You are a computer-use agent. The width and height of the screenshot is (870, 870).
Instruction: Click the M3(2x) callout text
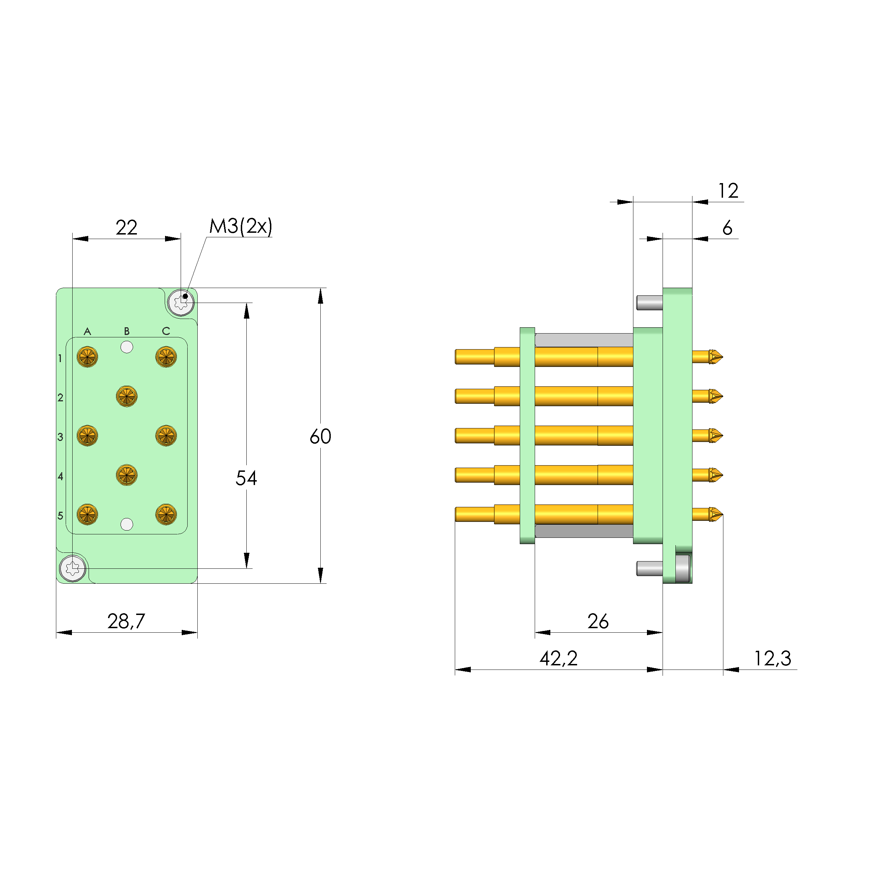240,226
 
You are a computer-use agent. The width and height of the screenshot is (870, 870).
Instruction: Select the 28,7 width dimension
126,622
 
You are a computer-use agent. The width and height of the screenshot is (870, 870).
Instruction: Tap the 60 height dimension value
320,436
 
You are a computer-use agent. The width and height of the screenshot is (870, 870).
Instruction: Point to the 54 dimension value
246,478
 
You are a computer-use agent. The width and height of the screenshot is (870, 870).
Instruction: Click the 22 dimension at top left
126,228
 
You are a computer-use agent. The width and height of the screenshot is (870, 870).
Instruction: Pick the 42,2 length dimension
558,658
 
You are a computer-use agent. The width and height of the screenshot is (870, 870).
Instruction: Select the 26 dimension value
598,622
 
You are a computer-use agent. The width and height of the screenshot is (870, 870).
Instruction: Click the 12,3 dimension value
772,658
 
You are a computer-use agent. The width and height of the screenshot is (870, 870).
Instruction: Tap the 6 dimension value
727,228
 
